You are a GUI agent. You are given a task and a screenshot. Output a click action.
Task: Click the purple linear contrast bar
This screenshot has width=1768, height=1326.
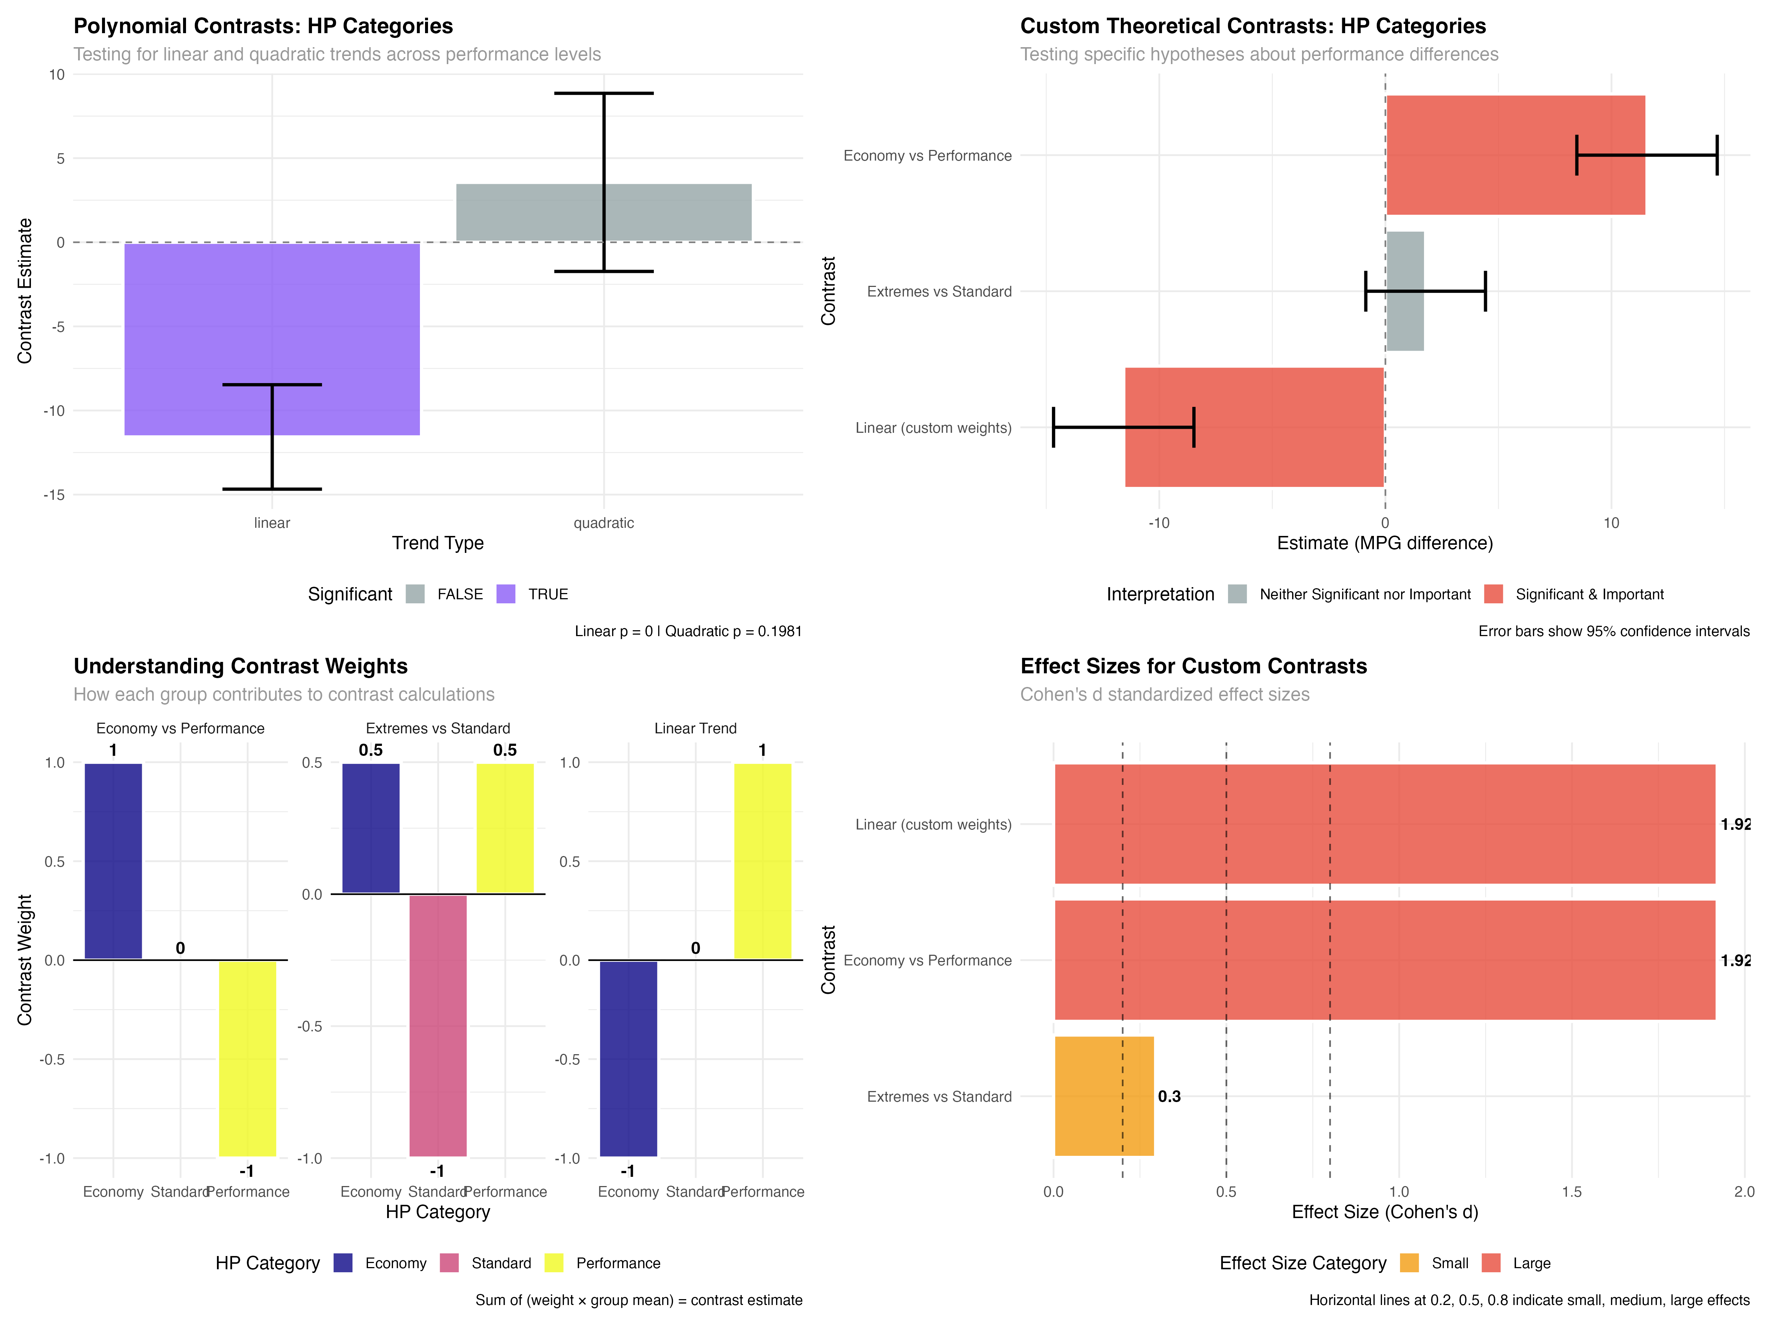click(x=272, y=339)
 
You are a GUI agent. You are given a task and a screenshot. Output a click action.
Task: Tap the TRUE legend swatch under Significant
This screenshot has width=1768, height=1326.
click(x=506, y=594)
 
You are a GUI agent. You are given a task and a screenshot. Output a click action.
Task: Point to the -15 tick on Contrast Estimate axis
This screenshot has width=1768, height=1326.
click(x=55, y=495)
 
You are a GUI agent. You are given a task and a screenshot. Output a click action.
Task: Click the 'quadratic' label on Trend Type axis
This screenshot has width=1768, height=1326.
click(x=603, y=523)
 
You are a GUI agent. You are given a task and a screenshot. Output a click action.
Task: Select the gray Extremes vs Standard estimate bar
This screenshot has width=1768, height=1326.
click(x=1404, y=291)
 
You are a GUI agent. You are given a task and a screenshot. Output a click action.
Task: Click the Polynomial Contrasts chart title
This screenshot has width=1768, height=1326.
click(x=263, y=27)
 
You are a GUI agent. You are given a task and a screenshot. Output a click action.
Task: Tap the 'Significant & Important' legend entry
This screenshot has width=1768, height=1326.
click(x=1589, y=594)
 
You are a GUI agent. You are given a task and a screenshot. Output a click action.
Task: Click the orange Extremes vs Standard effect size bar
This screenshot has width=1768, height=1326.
click(x=1104, y=1096)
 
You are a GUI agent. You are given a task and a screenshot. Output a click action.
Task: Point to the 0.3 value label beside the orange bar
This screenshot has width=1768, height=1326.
click(x=1169, y=1096)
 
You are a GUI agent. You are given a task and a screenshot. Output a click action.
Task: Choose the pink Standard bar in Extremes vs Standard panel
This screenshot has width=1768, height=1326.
click(x=438, y=1025)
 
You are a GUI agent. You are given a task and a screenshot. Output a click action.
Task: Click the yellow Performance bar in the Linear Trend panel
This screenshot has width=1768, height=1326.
click(x=762, y=861)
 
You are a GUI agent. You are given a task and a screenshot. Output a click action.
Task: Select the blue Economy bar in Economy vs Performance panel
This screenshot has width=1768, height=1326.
click(x=113, y=861)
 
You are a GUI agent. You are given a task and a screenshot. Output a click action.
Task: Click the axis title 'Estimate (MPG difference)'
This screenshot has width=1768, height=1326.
click(x=1384, y=544)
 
